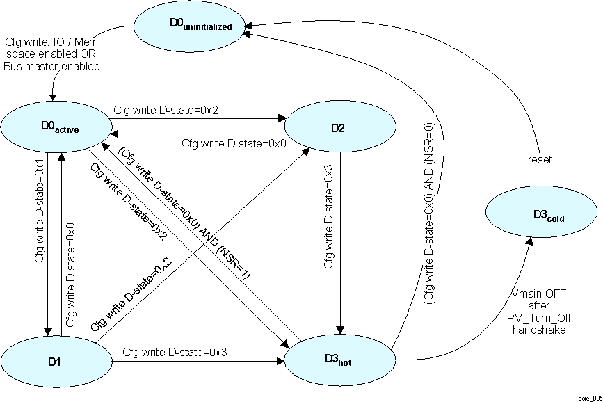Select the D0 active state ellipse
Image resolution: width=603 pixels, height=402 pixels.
57,126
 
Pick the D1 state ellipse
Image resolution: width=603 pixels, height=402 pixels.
56,362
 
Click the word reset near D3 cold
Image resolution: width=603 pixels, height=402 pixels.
540,160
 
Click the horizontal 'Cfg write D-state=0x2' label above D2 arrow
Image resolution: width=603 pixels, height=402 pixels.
156,110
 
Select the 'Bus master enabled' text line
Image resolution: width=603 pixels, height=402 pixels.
52,67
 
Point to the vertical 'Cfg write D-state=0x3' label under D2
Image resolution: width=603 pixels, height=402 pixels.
329,216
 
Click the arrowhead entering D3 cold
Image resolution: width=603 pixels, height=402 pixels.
530,240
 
